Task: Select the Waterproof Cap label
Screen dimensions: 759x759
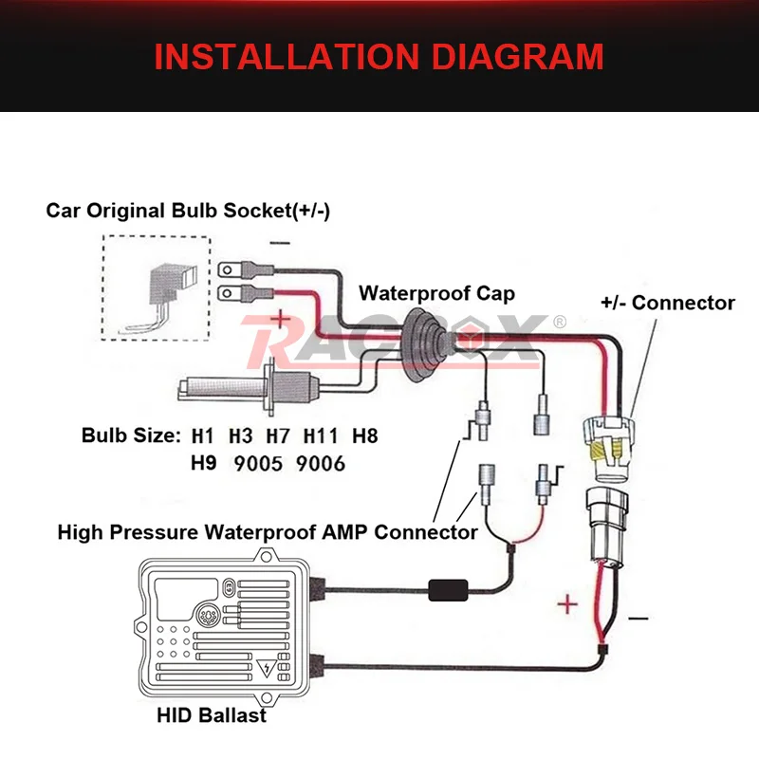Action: pos(436,293)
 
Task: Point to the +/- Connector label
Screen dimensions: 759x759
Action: pos(668,304)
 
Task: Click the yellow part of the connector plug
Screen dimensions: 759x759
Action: pos(606,460)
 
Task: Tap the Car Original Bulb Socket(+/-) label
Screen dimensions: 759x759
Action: pos(188,210)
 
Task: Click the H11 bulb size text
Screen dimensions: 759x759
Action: pos(321,437)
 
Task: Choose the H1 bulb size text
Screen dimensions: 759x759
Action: pos(203,437)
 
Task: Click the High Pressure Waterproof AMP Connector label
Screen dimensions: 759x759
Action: pos(268,532)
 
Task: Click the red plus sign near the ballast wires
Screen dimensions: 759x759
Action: pos(566,604)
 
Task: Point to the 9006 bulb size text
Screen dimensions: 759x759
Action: pos(320,465)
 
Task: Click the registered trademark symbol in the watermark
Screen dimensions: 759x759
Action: pos(559,323)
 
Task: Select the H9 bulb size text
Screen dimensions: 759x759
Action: pos(204,465)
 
